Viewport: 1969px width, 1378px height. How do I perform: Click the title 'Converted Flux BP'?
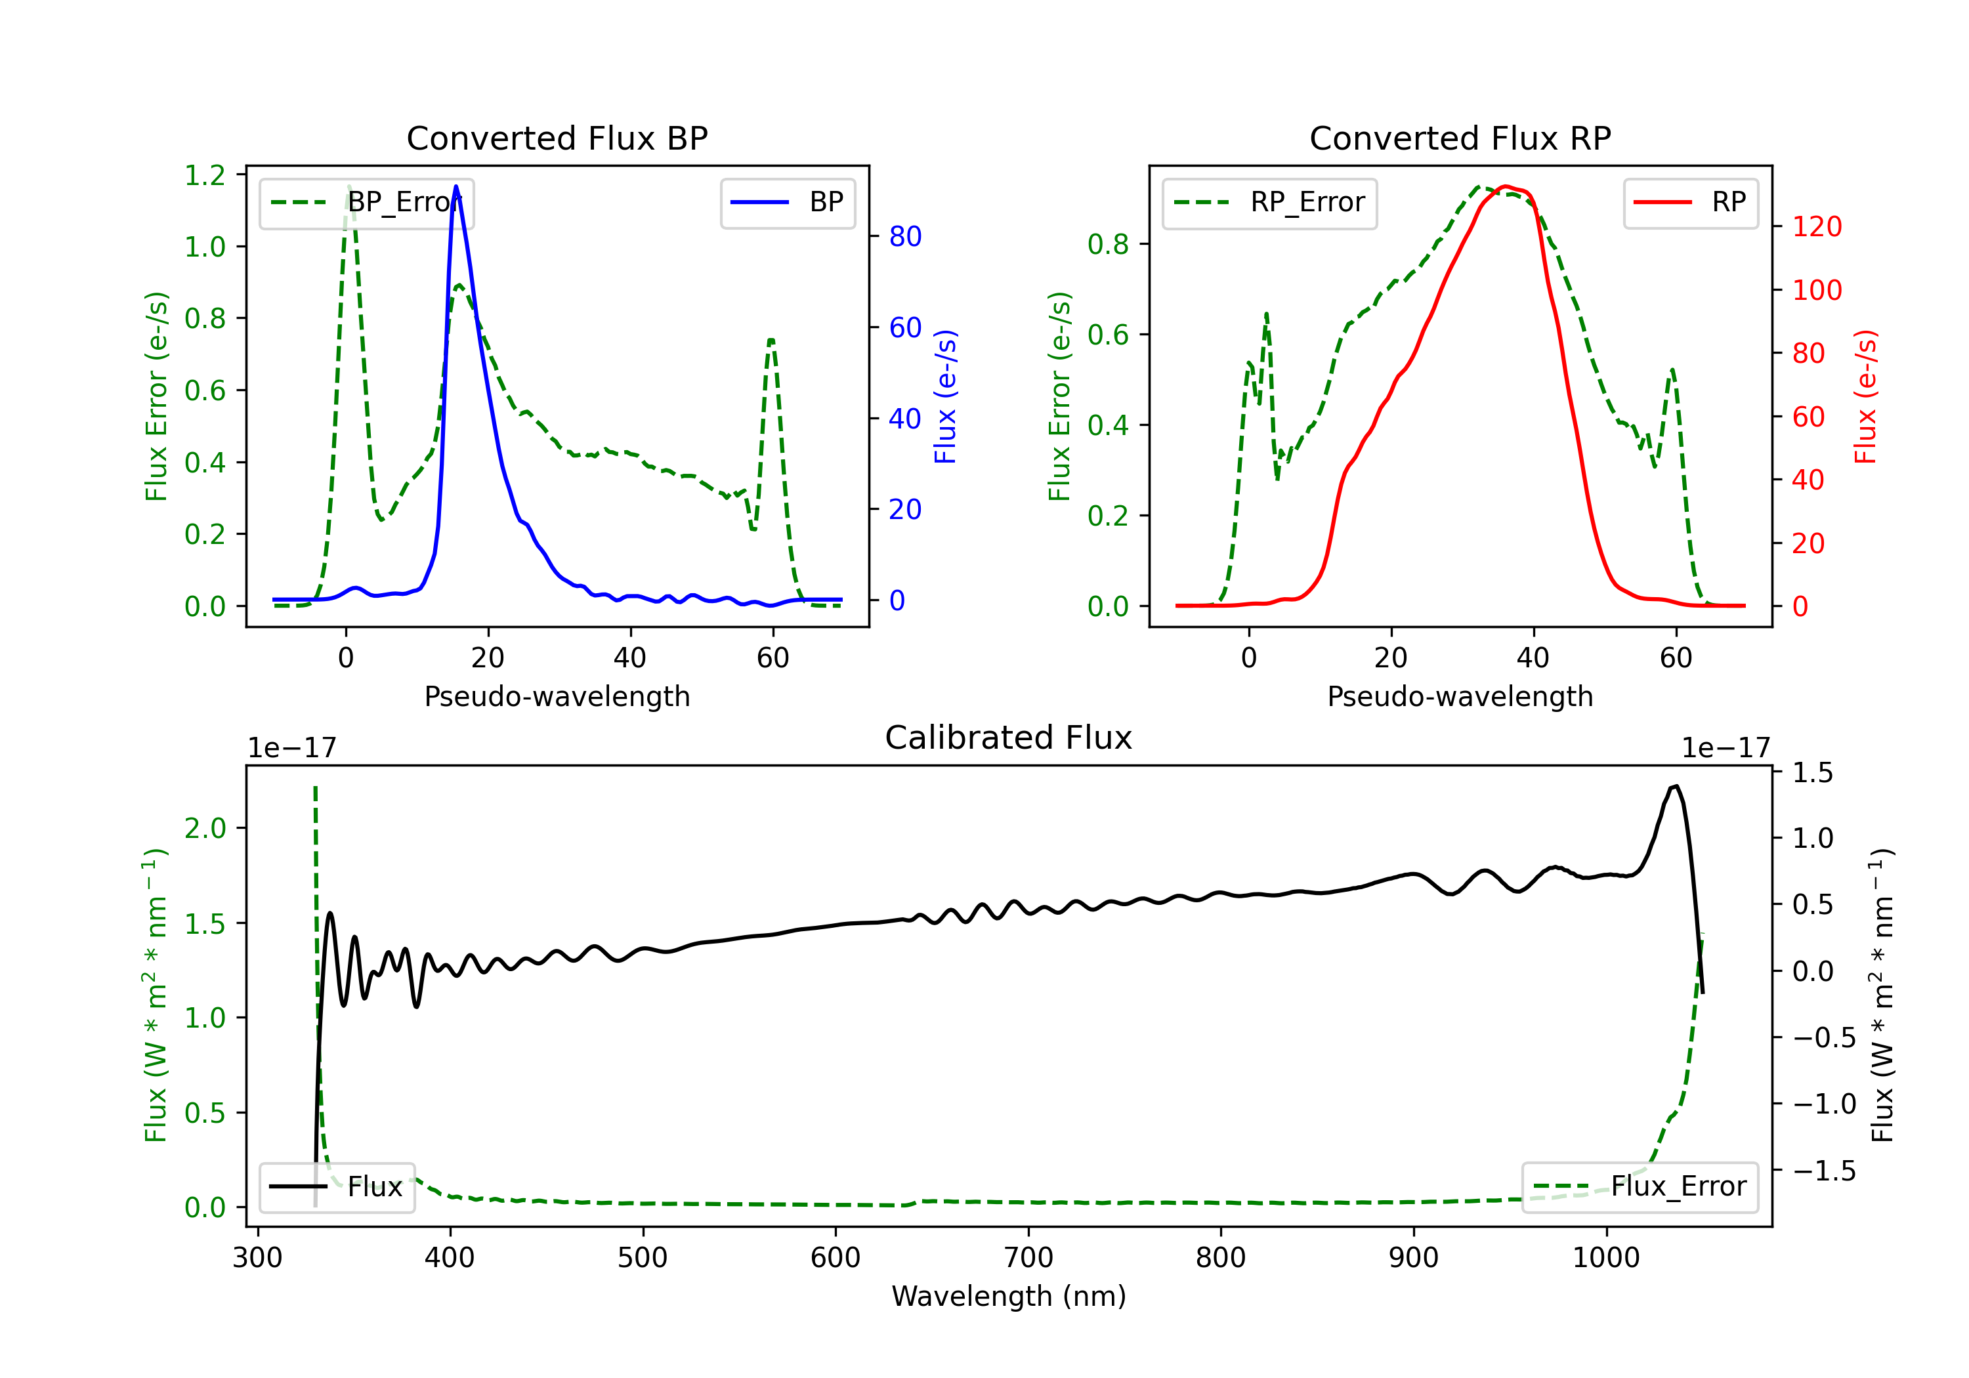pyautogui.click(x=557, y=138)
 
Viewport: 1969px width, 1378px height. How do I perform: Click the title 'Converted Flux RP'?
pyautogui.click(x=1460, y=138)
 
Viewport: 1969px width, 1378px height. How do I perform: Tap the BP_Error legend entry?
pyautogui.click(x=367, y=202)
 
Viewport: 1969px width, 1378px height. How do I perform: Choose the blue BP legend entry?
pyautogui.click(x=787, y=202)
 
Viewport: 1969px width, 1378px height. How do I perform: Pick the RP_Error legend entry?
pyautogui.click(x=1269, y=202)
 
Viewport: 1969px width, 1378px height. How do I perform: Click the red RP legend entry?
pyautogui.click(x=1689, y=202)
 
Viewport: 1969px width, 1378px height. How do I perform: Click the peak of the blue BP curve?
pyautogui.click(x=456, y=186)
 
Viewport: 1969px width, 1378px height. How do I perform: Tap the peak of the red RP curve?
pyautogui.click(x=1506, y=186)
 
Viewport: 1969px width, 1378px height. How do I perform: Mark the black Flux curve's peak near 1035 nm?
pyautogui.click(x=1676, y=785)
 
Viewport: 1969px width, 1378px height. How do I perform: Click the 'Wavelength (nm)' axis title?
pyautogui.click(x=1009, y=1296)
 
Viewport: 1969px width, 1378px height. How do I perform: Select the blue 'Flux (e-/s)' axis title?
pyautogui.click(x=945, y=396)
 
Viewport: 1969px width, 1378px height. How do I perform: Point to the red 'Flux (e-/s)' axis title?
pyautogui.click(x=1865, y=396)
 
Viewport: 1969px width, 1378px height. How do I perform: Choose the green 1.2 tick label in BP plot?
pyautogui.click(x=205, y=175)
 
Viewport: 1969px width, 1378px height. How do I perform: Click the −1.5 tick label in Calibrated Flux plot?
pyautogui.click(x=1823, y=1171)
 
